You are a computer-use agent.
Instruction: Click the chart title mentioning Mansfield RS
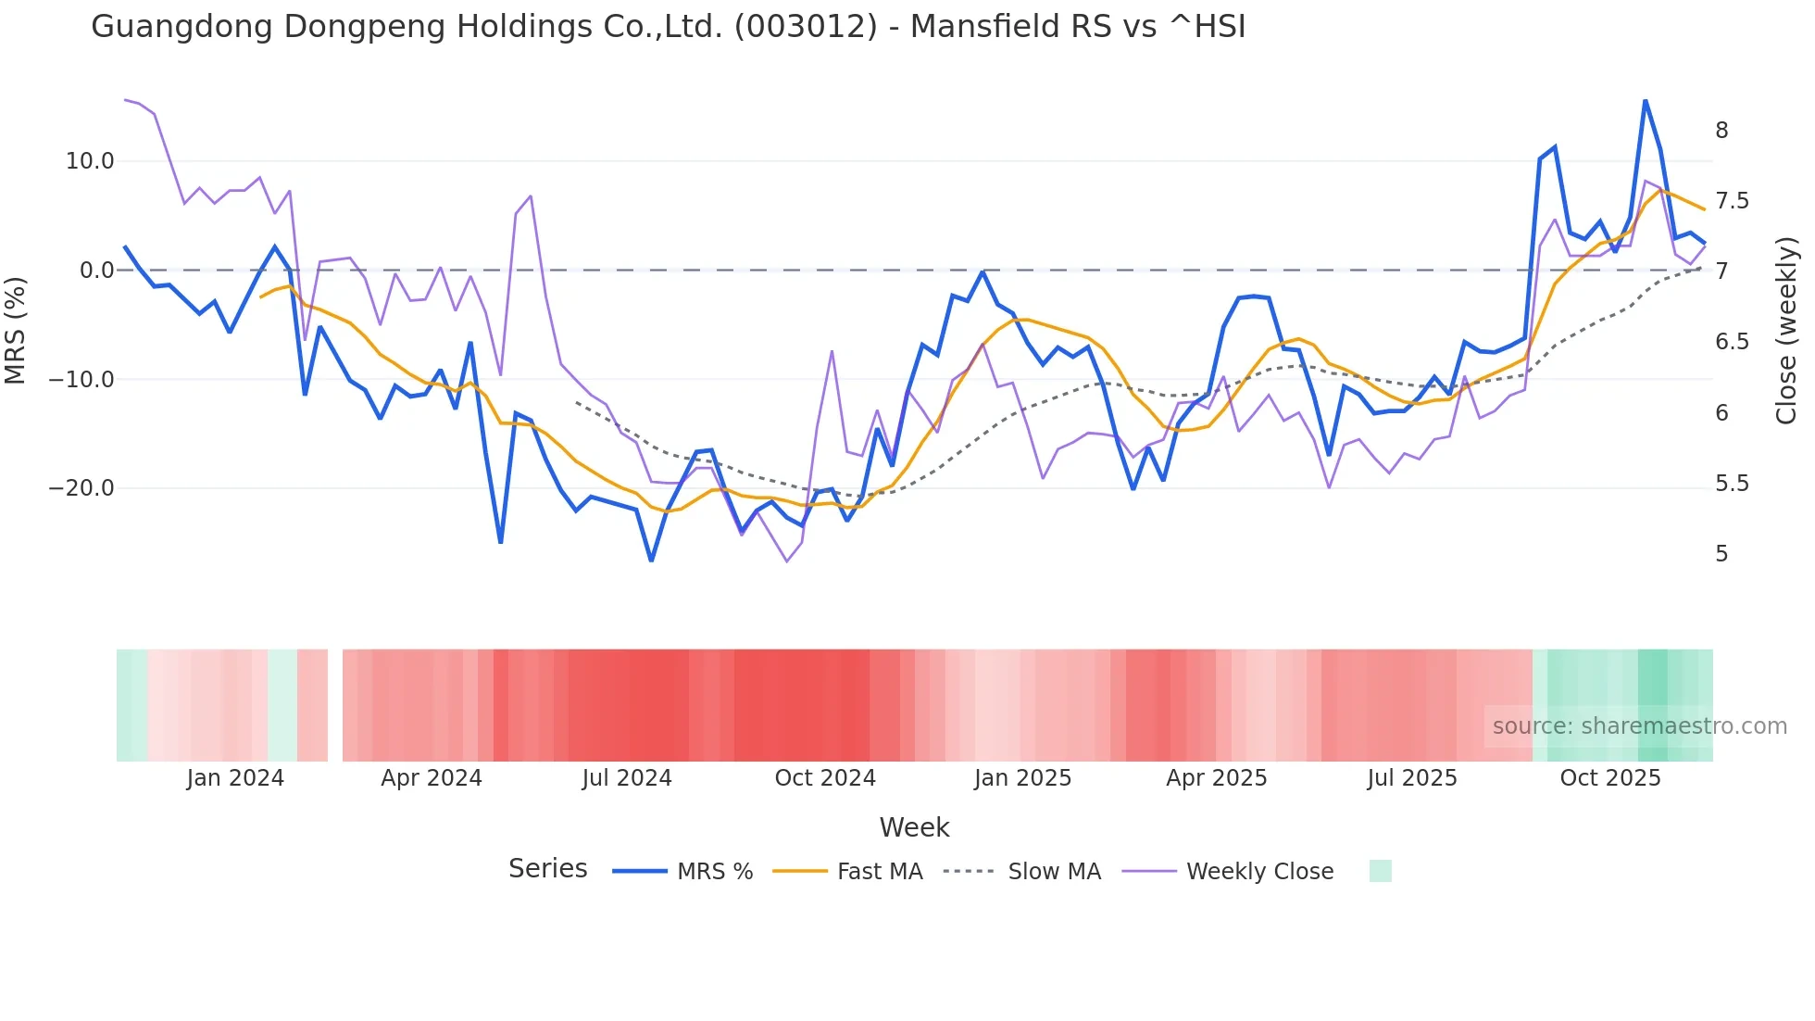(668, 27)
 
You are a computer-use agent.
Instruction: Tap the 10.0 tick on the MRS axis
(89, 161)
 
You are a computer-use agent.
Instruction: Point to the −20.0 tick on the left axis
(81, 488)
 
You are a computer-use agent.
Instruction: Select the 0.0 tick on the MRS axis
(96, 271)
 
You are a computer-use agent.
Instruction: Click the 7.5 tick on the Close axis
(1732, 201)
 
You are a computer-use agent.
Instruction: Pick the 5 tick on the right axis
(1721, 554)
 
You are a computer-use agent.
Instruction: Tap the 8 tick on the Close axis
(1721, 131)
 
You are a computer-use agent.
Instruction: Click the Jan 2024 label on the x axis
(235, 778)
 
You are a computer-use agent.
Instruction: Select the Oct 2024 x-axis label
(825, 778)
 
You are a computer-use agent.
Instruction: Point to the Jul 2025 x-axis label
(1412, 778)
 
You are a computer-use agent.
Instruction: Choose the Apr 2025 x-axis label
(1216, 778)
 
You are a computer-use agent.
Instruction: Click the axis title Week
(914, 827)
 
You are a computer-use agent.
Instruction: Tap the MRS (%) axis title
(16, 330)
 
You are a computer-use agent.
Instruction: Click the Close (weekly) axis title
(1786, 330)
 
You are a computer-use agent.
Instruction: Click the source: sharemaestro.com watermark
(1639, 726)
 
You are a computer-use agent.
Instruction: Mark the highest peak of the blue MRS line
(1645, 100)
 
